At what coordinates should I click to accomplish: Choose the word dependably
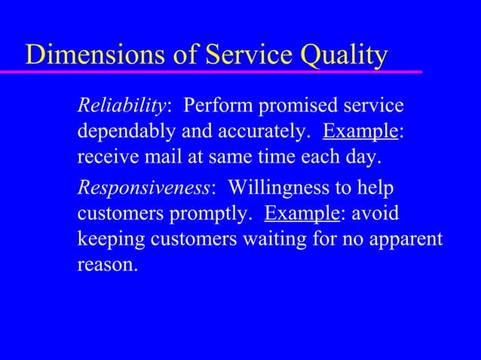pos(124,133)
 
